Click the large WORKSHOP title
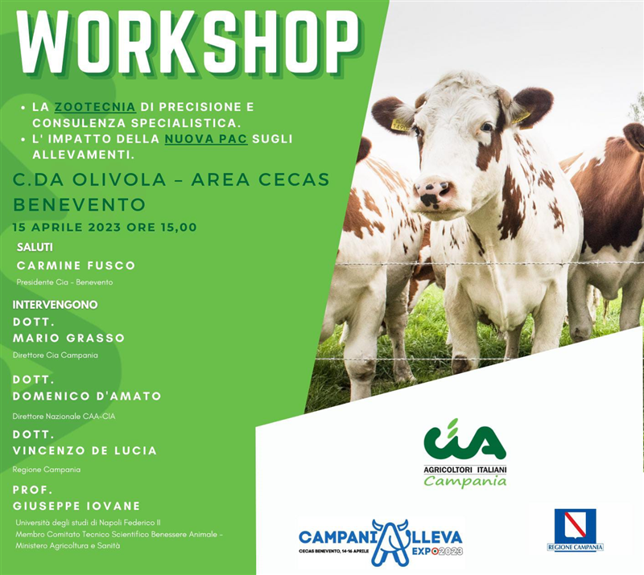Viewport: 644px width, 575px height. click(188, 42)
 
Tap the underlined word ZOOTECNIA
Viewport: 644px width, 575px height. click(95, 107)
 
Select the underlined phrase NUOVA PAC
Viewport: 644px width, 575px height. click(206, 138)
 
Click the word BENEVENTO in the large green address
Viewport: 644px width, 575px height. click(80, 204)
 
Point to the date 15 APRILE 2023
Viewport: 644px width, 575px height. click(67, 227)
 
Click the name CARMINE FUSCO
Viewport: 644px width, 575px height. click(76, 265)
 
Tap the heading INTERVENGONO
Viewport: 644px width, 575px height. click(55, 305)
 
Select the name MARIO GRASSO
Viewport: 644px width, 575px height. click(68, 338)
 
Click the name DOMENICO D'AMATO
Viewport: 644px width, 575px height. click(87, 396)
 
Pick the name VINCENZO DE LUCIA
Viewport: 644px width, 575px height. click(85, 450)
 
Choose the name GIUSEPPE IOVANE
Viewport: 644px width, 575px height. click(76, 506)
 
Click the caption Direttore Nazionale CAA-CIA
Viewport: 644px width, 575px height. click(64, 416)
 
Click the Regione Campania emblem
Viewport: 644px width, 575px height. click(575, 529)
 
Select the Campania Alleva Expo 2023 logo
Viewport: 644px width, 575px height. click(381, 543)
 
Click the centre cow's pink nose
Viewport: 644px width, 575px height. click(434, 191)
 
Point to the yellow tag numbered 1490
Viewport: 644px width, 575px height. click(400, 125)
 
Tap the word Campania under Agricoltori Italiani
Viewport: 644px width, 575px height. click(465, 481)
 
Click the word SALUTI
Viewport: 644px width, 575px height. click(35, 247)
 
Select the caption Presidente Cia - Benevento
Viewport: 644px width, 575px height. click(64, 282)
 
